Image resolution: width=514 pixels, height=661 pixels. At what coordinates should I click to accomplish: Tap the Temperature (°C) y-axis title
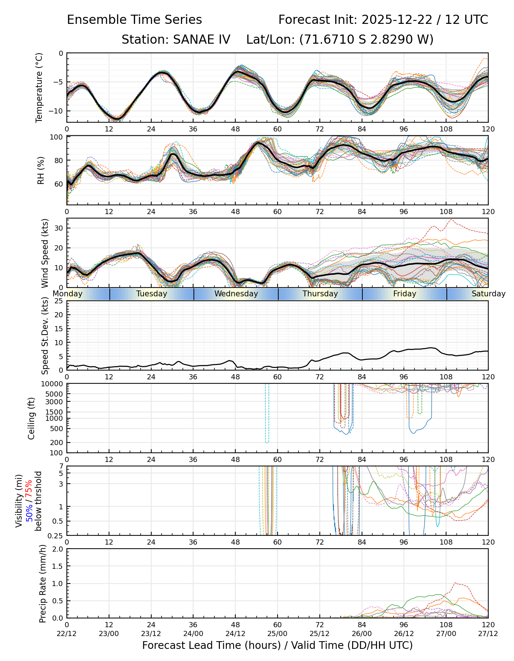pos(39,87)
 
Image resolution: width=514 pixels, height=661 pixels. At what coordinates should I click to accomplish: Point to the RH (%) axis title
pos(41,170)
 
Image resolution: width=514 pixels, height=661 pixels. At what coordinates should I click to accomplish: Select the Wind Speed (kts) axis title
pos(45,253)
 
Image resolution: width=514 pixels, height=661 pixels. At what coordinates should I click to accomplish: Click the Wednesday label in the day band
pos(236,294)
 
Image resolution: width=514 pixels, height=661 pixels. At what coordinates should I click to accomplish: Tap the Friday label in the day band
pos(405,294)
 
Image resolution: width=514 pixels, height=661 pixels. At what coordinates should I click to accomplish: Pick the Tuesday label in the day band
pos(152,294)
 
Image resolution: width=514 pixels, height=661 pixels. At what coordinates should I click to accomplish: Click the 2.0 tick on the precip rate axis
pos(58,549)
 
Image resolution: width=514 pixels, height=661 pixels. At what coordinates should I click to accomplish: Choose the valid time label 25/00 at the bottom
pos(278,633)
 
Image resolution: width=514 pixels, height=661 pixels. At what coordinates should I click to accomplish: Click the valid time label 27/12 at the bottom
pos(488,633)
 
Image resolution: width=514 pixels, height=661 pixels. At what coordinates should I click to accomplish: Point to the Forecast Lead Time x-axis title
pos(277,645)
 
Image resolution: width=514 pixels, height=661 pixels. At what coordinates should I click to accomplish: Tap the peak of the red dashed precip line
pos(456,583)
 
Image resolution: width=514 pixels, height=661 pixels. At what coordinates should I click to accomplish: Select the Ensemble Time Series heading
pos(134,20)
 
